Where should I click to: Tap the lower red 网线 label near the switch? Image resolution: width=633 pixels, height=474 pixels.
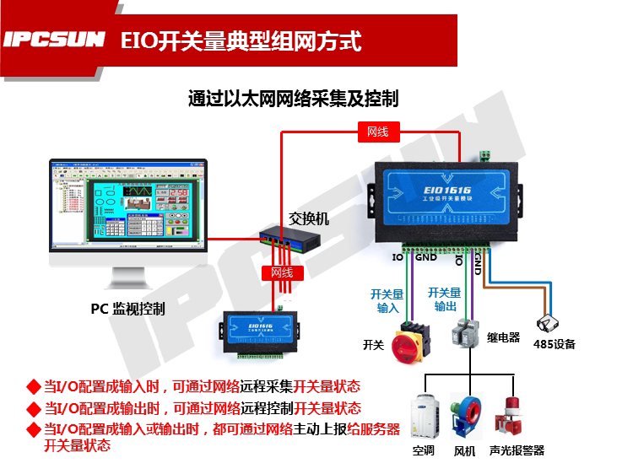pyautogui.click(x=281, y=272)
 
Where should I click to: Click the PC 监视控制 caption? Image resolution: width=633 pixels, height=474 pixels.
pyautogui.click(x=127, y=309)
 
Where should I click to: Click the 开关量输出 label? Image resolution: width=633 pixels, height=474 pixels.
pyautogui.click(x=445, y=299)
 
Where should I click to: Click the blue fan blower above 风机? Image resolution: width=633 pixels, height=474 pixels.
pyautogui.click(x=467, y=414)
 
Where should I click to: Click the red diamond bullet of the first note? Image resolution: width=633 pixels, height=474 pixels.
pyautogui.click(x=33, y=387)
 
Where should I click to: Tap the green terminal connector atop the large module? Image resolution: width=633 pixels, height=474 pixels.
pyautogui.click(x=484, y=155)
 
